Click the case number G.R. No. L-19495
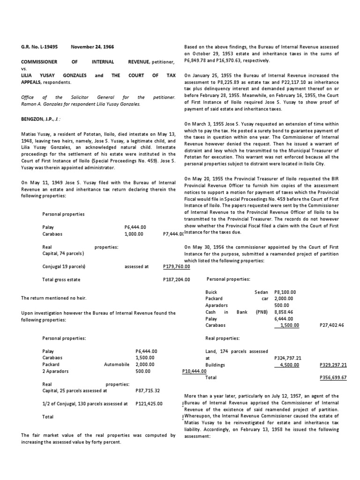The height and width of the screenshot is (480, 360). [x=40, y=47]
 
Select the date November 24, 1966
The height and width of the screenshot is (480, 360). [x=92, y=47]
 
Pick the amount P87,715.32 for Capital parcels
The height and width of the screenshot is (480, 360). [x=149, y=390]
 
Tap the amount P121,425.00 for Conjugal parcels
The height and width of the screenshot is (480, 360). [x=149, y=403]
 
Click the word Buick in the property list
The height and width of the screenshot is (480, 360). [x=211, y=292]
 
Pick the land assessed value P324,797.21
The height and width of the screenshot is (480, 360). [x=287, y=358]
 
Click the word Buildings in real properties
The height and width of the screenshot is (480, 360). [x=215, y=364]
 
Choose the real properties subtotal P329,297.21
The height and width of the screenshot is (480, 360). [x=333, y=364]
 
